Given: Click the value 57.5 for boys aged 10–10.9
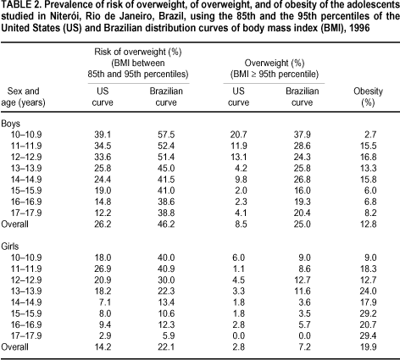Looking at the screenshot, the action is point(166,135).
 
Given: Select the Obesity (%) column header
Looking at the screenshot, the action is point(368,97).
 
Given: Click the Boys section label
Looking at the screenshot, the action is point(11,124).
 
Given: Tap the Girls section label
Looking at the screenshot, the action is point(10,246).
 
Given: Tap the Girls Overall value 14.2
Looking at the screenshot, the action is point(103,346).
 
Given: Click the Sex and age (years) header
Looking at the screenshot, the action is point(23,97).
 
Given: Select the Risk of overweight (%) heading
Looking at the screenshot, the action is point(138,52).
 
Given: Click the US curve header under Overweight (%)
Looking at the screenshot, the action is point(238,97).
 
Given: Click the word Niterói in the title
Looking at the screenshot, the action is point(63,16).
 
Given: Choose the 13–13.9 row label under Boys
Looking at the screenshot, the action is point(26,169).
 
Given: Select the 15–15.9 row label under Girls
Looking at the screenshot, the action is point(26,313).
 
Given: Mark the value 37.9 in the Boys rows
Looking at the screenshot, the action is point(302,135).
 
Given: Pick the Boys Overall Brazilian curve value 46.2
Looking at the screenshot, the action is point(166,224).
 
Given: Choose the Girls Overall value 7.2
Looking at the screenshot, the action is point(304,346).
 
